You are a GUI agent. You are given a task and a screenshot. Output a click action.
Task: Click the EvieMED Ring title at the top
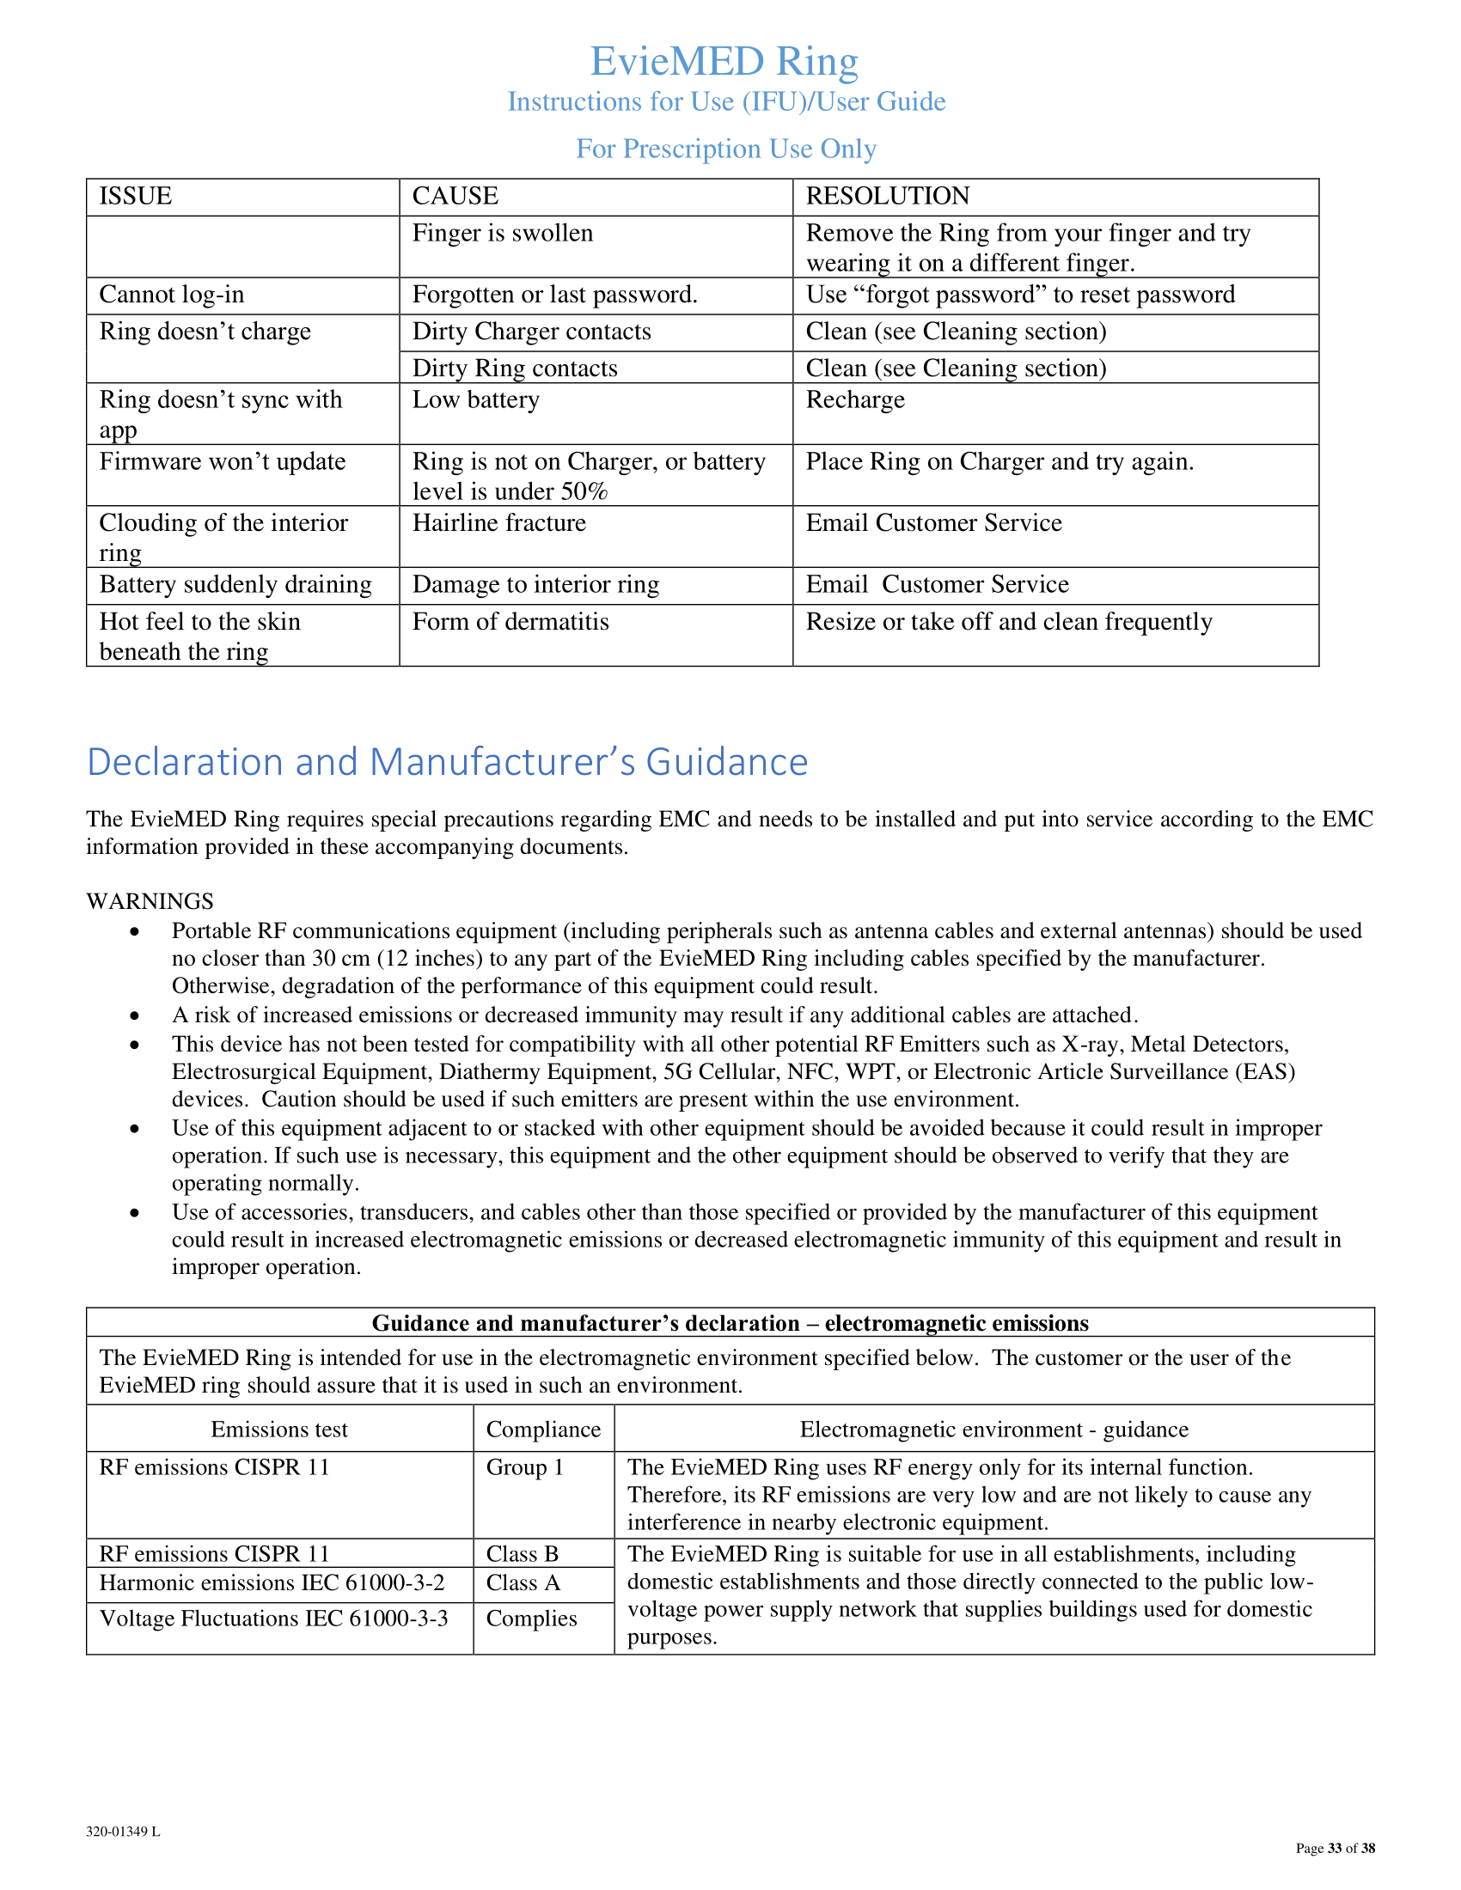click(x=724, y=62)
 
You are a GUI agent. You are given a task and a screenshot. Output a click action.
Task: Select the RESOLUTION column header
click(x=887, y=197)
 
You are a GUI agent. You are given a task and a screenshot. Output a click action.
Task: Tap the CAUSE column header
click(x=455, y=197)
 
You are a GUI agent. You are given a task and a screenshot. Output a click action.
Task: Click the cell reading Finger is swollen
click(x=503, y=234)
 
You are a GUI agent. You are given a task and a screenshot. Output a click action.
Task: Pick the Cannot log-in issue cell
click(x=172, y=295)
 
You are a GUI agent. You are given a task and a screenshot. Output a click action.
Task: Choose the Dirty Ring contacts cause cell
click(x=515, y=369)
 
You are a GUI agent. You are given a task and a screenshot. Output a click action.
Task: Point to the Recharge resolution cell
click(x=855, y=400)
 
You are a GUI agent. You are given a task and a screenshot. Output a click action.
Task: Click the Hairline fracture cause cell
click(x=499, y=523)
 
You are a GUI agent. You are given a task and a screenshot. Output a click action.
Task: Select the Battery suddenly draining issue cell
click(x=235, y=585)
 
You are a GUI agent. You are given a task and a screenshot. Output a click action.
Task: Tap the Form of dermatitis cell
click(x=510, y=622)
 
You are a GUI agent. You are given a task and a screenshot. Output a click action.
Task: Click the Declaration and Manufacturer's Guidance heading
click(x=448, y=762)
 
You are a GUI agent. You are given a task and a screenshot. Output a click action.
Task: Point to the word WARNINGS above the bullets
click(x=150, y=902)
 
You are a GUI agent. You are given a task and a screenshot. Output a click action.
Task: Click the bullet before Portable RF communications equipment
click(x=134, y=932)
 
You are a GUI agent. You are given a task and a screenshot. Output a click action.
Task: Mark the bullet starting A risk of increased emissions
click(x=134, y=1016)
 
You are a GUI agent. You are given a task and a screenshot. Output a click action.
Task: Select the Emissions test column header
click(x=278, y=1430)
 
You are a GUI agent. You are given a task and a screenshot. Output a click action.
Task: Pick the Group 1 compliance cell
click(x=524, y=1467)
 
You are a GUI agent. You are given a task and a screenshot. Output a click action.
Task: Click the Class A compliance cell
click(x=523, y=1583)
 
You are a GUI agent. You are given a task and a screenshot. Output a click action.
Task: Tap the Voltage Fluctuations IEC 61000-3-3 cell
click(x=273, y=1619)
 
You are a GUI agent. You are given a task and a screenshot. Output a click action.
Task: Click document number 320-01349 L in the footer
click(x=123, y=1832)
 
